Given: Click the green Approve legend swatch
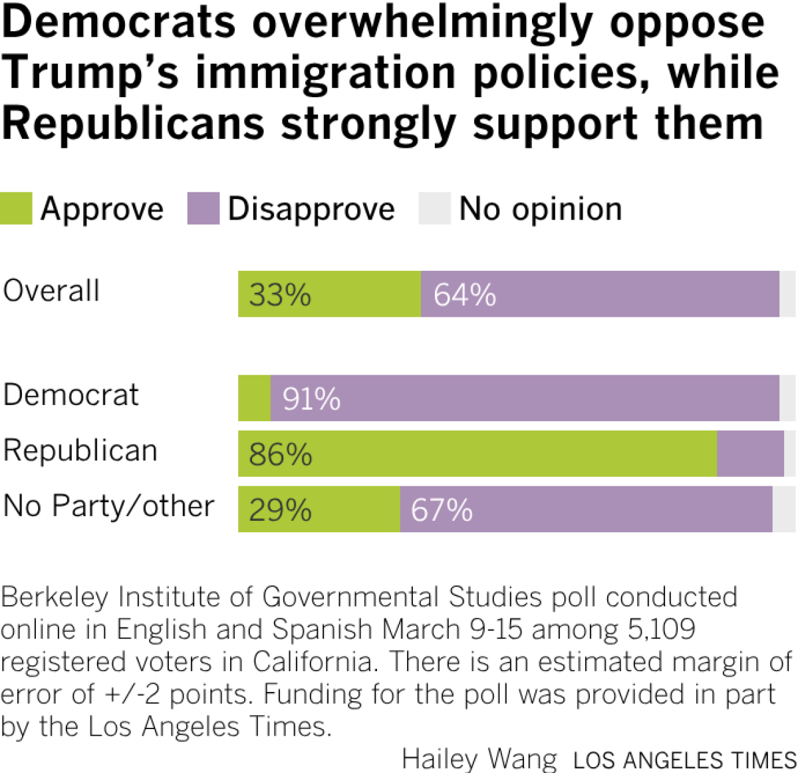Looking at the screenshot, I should (16, 208).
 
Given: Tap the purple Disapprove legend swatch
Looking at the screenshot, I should (203, 208).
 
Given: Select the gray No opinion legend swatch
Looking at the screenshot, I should (434, 208).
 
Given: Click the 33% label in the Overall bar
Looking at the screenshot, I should (280, 295).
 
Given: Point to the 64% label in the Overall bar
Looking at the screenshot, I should (464, 295).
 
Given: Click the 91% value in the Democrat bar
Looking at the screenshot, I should (311, 398).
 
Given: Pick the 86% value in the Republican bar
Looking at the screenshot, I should (280, 454).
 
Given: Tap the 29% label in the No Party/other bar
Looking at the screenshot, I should (280, 510).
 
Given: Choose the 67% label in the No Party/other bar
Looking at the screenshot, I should (442, 510).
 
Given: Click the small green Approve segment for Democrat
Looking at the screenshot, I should (255, 398).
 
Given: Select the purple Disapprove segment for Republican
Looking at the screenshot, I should (750, 454).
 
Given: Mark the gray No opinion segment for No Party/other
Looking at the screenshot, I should (784, 510).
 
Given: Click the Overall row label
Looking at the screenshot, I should (51, 291).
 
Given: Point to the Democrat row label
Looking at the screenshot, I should (71, 394).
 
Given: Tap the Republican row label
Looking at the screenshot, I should (80, 450).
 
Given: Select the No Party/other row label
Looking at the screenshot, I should (108, 506).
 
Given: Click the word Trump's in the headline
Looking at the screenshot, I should (90, 73).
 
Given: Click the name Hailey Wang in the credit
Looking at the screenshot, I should (479, 759).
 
